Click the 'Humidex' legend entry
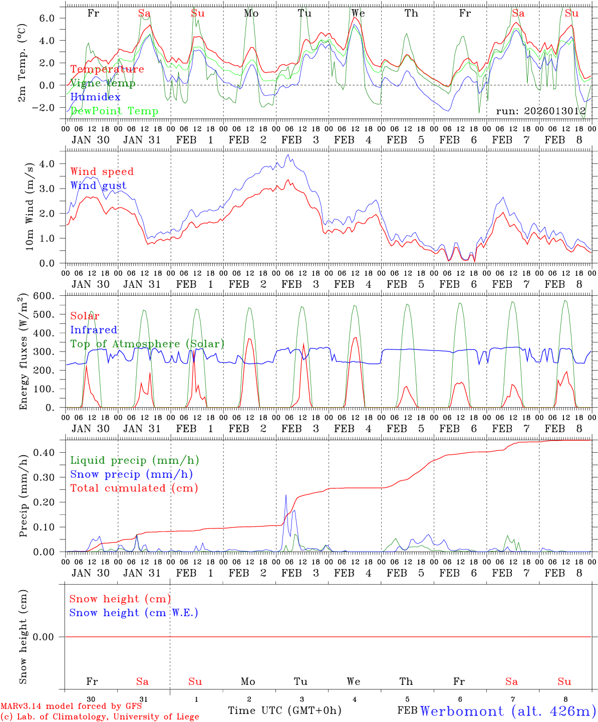pyautogui.click(x=95, y=97)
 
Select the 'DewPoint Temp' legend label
pyautogui.click(x=114, y=111)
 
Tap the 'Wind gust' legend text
pyautogui.click(x=98, y=186)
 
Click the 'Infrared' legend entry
pyautogui.click(x=94, y=330)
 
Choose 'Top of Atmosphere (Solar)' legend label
pyautogui.click(x=147, y=344)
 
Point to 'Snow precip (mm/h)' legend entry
pyautogui.click(x=131, y=474)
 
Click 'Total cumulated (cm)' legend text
pyautogui.click(x=134, y=488)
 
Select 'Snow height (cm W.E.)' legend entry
pyautogui.click(x=133, y=613)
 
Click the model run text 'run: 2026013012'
pyautogui.click(x=540, y=111)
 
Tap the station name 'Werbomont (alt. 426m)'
pyautogui.click(x=508, y=711)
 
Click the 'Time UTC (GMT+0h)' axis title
pyautogui.click(x=284, y=710)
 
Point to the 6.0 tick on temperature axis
pyautogui.click(x=46, y=18)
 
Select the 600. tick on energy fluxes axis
pyautogui.click(x=44, y=296)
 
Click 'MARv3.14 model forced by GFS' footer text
pyautogui.click(x=71, y=706)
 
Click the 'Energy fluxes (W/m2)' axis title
pyautogui.click(x=23, y=352)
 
